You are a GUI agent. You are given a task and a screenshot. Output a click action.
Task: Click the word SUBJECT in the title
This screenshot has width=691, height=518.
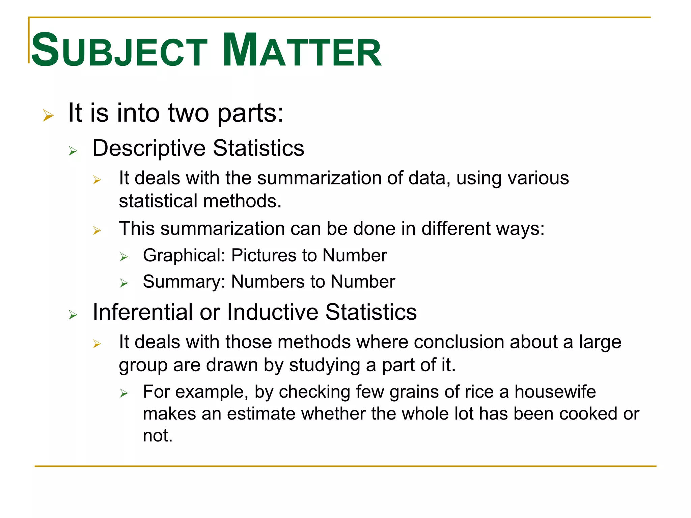point(119,51)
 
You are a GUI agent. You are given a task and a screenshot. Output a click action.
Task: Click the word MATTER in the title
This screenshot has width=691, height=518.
point(302,51)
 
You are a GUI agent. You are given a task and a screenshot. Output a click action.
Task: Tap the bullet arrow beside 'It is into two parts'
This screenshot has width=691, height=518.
point(48,116)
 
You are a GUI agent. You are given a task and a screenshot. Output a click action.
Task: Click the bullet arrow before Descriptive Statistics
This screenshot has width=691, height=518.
point(73,151)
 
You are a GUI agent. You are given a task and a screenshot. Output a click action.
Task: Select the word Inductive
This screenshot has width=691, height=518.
point(273,312)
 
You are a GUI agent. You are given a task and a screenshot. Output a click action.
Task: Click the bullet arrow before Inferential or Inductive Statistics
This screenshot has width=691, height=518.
point(73,315)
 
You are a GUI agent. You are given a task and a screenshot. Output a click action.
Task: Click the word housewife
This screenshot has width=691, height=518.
point(555,392)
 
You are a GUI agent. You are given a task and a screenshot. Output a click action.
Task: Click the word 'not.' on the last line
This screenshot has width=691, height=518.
point(158,436)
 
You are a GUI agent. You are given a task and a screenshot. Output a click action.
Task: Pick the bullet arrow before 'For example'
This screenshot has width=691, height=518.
point(124,394)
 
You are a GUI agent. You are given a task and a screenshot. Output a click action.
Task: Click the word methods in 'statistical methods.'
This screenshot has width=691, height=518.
point(242,201)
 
